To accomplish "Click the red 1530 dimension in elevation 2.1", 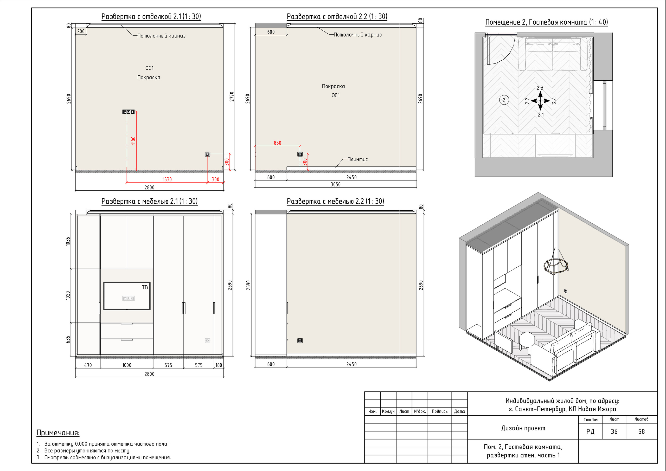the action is (x=167, y=179).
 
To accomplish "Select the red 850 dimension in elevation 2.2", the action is (x=277, y=143).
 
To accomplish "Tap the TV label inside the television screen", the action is (x=145, y=287).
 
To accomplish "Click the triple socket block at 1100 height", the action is (x=129, y=112).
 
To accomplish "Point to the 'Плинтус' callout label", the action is (x=357, y=159).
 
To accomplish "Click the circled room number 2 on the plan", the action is (x=504, y=100).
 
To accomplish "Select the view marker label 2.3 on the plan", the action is (x=540, y=88).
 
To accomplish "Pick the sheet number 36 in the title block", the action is (x=614, y=431).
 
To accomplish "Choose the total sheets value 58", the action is (x=641, y=431).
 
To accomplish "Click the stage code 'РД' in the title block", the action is (x=590, y=432).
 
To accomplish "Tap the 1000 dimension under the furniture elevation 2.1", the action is (x=127, y=365).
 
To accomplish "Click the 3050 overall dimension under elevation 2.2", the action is (x=336, y=184).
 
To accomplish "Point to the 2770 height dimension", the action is (x=232, y=96).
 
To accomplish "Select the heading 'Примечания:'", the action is (x=58, y=433).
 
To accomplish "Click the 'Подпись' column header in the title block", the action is (x=439, y=411).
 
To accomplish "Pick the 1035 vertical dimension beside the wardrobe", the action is (x=68, y=241).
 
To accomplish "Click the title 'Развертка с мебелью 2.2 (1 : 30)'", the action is (x=335, y=201).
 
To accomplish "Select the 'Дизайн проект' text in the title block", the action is (x=523, y=428).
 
